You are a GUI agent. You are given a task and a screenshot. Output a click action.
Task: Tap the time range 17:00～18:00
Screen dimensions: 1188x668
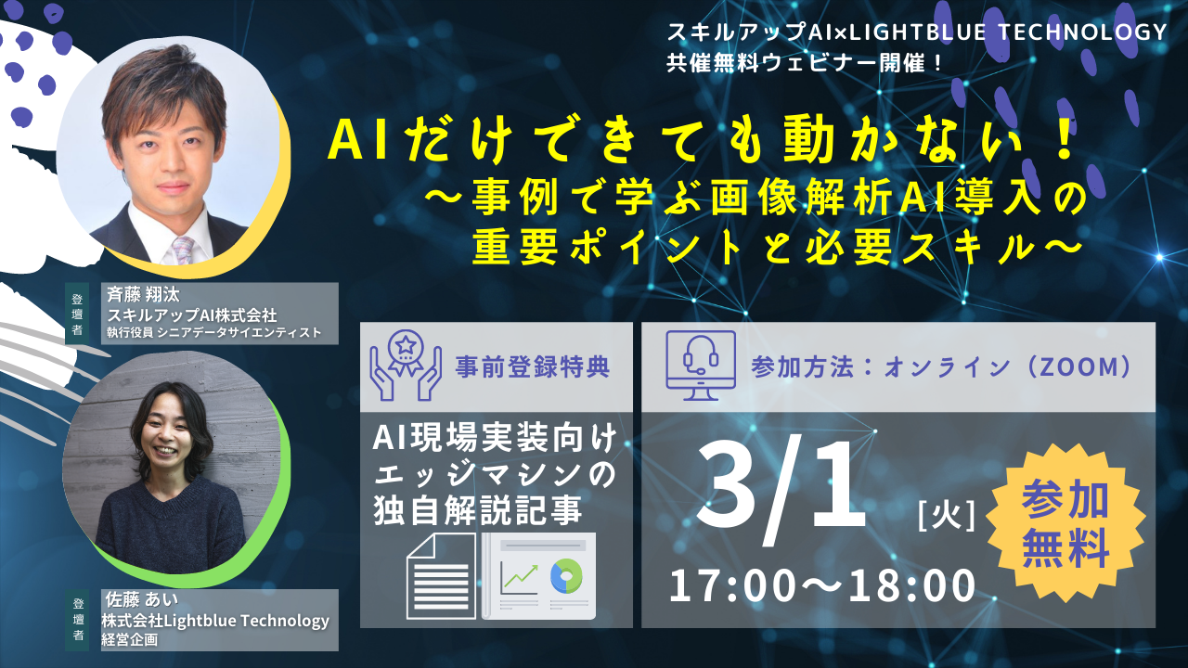(822, 585)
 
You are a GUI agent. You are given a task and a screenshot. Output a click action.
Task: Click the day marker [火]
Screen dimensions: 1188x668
(946, 515)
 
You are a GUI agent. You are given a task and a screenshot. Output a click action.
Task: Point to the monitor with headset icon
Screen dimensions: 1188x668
(701, 366)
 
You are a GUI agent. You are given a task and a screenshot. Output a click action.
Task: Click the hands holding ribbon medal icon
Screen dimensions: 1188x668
(406, 366)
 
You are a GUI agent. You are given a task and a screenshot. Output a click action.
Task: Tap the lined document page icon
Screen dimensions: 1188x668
(441, 576)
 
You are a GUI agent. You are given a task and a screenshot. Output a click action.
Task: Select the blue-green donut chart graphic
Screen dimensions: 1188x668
(566, 576)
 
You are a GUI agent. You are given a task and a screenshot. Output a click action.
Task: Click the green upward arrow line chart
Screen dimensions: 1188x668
(519, 579)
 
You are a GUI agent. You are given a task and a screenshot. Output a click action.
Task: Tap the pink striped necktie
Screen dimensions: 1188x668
(184, 250)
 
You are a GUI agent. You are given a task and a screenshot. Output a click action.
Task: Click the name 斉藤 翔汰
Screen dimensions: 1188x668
(143, 294)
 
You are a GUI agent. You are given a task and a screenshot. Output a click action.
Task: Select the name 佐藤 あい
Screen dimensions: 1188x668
(142, 599)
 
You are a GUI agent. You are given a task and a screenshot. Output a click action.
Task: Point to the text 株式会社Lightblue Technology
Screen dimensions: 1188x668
(215, 621)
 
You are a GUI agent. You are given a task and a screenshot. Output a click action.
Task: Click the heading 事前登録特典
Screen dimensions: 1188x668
(533, 367)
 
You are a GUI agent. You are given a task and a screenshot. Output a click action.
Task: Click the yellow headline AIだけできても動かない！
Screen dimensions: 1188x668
(700, 143)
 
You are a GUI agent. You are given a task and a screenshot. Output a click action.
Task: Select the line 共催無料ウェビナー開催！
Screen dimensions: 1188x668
(804, 64)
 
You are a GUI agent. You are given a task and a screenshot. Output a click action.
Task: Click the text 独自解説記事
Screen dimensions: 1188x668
(478, 510)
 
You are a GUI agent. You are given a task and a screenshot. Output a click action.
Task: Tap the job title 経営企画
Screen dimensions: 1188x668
(129, 640)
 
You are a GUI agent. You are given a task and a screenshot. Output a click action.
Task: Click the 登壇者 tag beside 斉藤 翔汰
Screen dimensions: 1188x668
(77, 314)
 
